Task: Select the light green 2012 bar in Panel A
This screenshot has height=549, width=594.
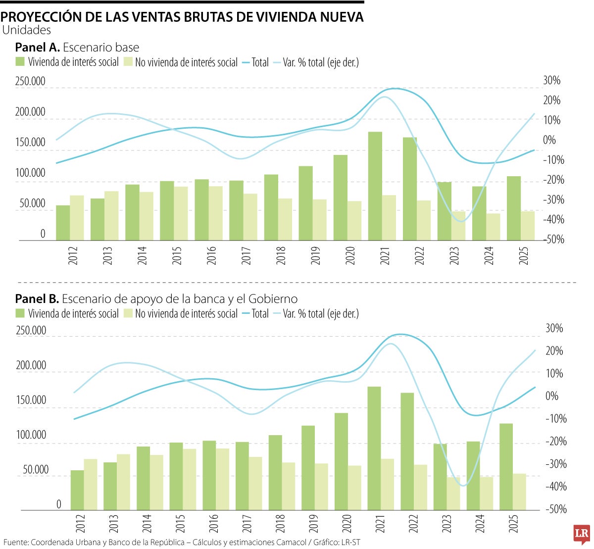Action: tap(77, 218)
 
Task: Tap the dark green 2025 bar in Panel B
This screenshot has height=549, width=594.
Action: tap(506, 466)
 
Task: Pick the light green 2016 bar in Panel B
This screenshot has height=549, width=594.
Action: tap(222, 479)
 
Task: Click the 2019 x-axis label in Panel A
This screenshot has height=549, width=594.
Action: tap(316, 255)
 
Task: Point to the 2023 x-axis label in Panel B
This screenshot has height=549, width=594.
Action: tap(446, 524)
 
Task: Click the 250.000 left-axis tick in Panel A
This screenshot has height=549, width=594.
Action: tap(30, 81)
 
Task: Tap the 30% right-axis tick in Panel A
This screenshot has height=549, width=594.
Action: tap(552, 80)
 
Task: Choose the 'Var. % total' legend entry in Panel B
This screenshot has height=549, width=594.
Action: tap(321, 313)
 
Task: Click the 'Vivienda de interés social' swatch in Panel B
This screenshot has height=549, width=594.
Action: tap(20, 313)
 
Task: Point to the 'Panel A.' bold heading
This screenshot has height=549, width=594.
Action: tap(38, 48)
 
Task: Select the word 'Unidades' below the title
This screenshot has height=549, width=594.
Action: tap(27, 30)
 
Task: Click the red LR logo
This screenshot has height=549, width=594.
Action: tap(582, 534)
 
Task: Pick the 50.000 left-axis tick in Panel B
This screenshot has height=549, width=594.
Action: tap(36, 470)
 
